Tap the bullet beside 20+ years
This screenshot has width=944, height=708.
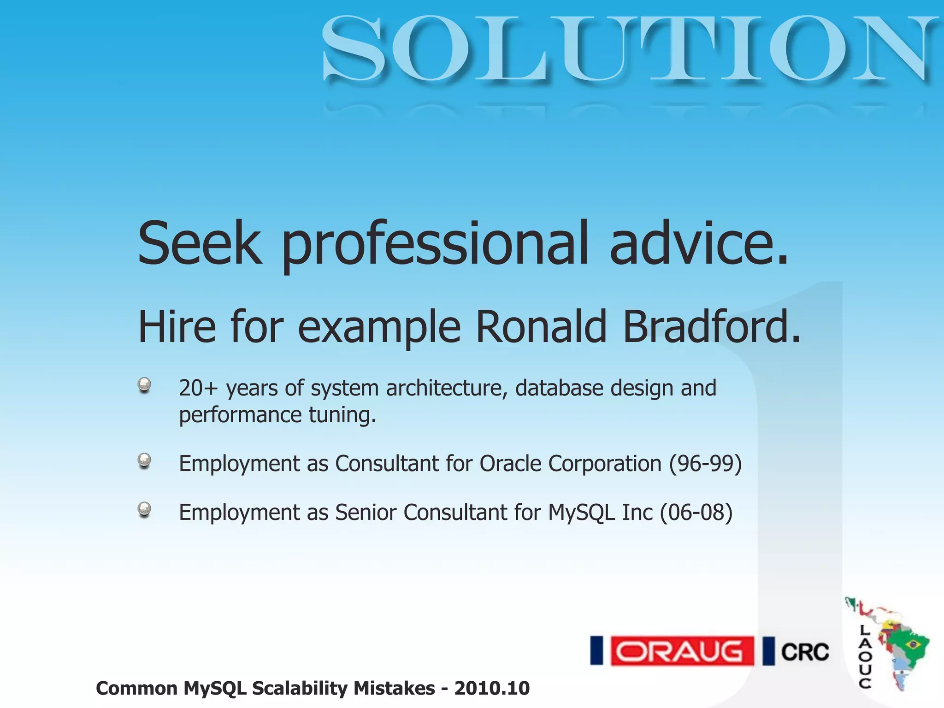click(144, 385)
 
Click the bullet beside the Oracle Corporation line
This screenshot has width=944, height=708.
click(144, 460)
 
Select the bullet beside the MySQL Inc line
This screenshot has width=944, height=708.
click(144, 509)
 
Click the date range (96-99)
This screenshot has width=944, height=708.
click(705, 464)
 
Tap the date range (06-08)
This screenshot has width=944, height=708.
click(696, 513)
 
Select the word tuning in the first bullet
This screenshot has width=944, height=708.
click(342, 415)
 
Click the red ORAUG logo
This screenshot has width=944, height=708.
click(682, 651)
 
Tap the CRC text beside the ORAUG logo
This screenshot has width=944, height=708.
click(805, 652)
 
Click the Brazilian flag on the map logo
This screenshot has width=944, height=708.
click(912, 643)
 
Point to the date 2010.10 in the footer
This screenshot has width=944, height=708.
click(492, 688)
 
